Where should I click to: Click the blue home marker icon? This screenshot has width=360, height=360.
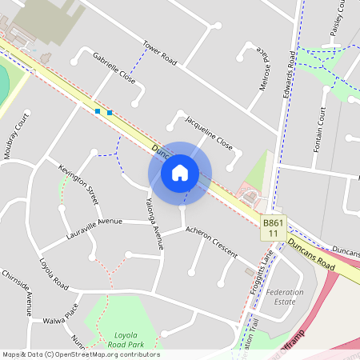[180, 173]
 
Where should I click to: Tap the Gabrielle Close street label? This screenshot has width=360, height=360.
[114, 69]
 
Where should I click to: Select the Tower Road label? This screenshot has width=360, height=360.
[158, 51]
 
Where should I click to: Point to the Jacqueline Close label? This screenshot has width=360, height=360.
[208, 132]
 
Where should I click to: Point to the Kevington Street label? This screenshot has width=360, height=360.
[78, 182]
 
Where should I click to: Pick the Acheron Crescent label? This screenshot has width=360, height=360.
[211, 241]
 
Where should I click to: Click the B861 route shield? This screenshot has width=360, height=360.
[273, 227]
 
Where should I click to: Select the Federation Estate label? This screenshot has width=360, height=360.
[285, 297]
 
